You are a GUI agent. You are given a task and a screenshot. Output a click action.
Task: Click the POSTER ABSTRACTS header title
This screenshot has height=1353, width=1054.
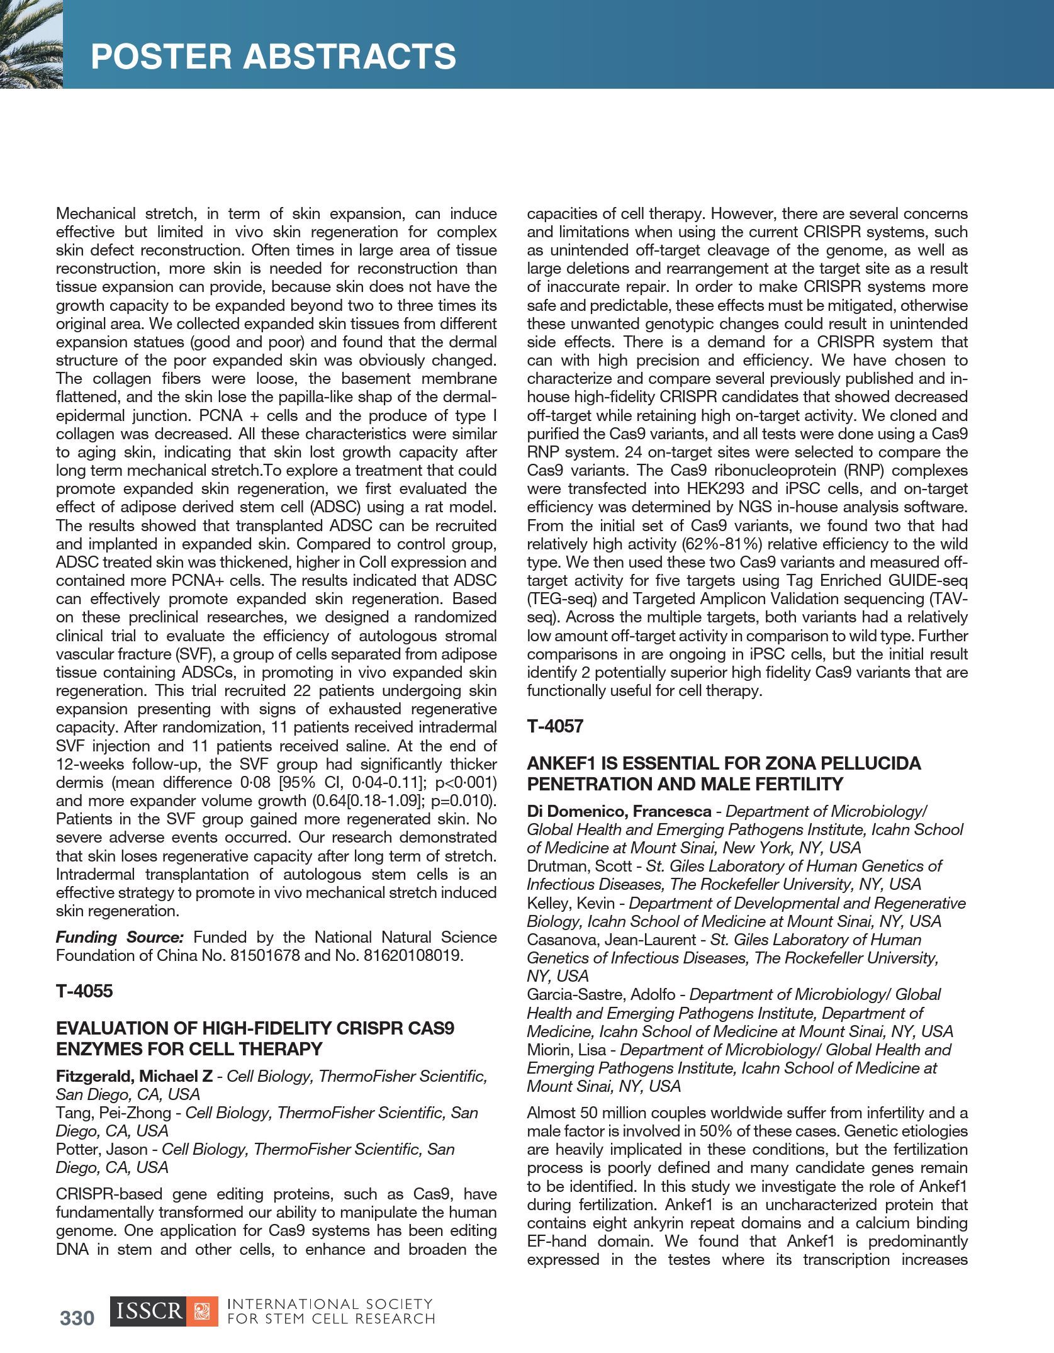(x=273, y=56)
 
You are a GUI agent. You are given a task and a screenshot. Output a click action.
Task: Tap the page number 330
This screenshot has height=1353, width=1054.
(x=77, y=1318)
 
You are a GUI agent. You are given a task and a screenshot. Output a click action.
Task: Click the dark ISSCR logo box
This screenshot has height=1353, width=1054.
(x=148, y=1311)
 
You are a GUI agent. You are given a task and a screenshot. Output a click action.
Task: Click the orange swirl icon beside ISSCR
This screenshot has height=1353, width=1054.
(x=203, y=1311)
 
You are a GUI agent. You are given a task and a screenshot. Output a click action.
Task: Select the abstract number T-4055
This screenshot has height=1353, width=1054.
(x=84, y=992)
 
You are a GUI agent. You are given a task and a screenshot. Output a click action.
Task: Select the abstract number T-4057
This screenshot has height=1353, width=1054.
(x=555, y=727)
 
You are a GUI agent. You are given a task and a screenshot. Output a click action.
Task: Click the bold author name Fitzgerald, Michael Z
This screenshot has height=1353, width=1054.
(x=134, y=1076)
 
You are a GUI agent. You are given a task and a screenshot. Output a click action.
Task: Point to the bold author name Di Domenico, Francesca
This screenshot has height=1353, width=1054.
(x=619, y=811)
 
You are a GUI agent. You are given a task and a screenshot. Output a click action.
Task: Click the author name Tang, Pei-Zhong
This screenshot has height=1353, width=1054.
(x=113, y=1113)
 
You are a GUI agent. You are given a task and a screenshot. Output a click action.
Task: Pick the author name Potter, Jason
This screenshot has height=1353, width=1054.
(x=101, y=1149)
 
